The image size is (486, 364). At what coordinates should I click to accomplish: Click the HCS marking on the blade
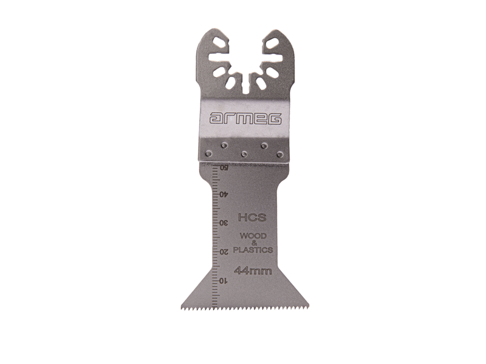tap(250, 217)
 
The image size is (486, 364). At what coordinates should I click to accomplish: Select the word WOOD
tap(252, 235)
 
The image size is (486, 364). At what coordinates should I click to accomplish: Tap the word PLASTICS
tap(253, 249)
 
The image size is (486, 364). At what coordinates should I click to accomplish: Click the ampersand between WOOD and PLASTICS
tap(253, 243)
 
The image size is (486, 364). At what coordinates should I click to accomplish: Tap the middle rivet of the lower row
tap(244, 154)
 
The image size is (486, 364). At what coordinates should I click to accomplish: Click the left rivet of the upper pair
tap(224, 145)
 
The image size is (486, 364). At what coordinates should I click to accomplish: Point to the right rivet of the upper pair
tap(264, 145)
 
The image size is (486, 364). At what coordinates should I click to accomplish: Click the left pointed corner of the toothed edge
tap(181, 305)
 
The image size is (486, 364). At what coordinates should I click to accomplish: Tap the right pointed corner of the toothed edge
tap(309, 305)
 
